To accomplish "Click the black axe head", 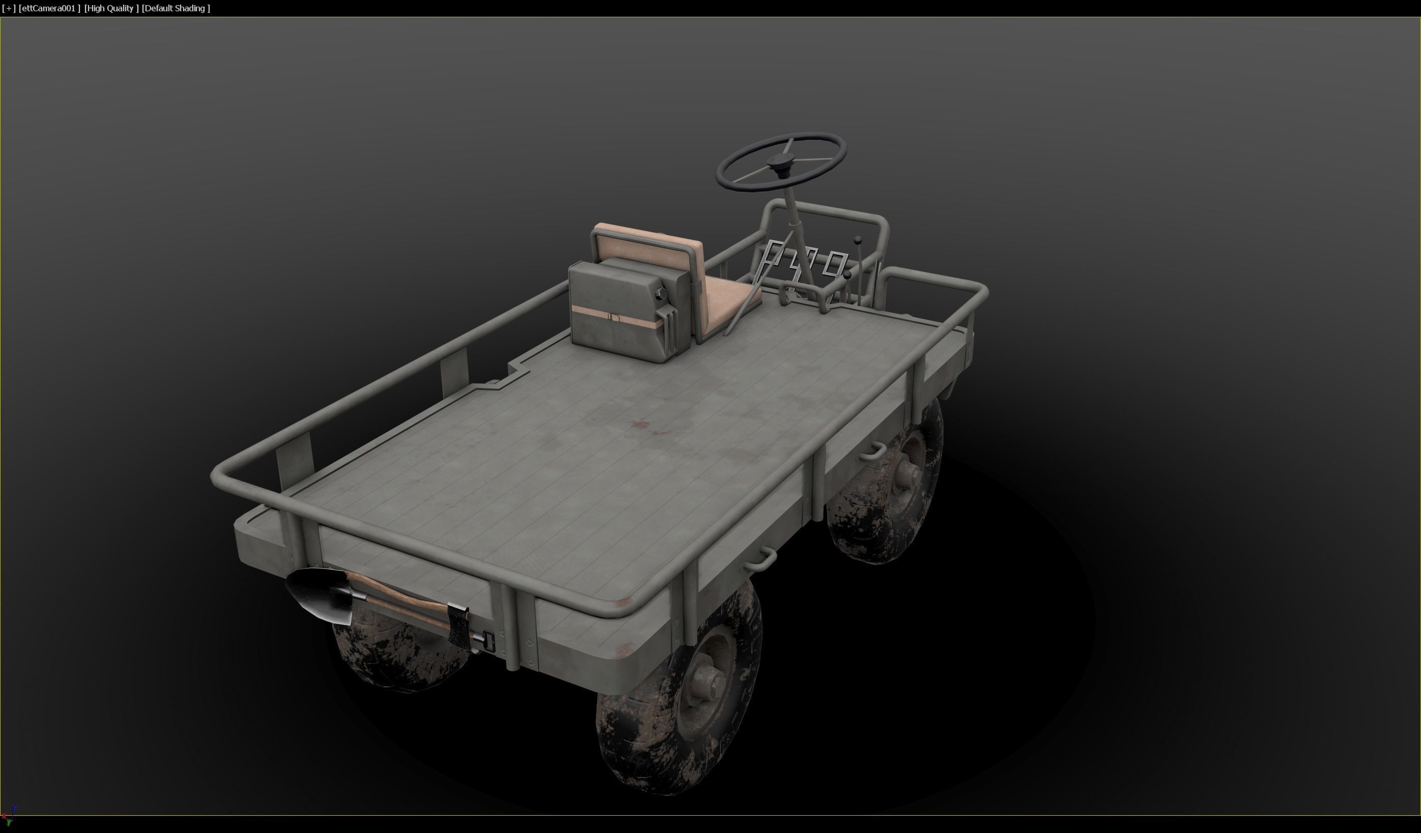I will (x=458, y=626).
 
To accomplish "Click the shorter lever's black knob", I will (x=847, y=275).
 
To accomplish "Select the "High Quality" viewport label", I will (x=111, y=9).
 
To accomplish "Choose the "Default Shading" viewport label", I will (x=176, y=9).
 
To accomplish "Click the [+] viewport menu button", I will (x=9, y=9).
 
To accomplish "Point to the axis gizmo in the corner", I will (x=9, y=815).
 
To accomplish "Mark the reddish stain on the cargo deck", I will (x=643, y=426).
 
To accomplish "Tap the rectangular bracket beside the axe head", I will (x=488, y=641).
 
